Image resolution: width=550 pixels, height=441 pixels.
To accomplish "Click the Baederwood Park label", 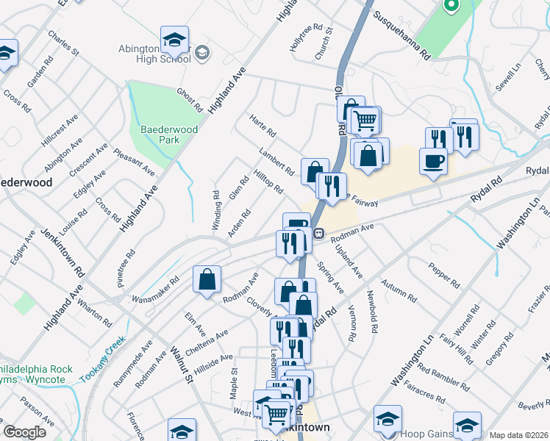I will (160, 134).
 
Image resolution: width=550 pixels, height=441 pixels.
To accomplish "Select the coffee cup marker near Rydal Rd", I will (433, 161).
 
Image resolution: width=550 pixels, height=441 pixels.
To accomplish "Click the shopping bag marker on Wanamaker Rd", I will (207, 280).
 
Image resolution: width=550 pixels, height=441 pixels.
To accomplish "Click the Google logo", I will (24, 432).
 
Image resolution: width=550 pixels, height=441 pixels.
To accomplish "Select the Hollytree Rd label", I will (307, 37).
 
